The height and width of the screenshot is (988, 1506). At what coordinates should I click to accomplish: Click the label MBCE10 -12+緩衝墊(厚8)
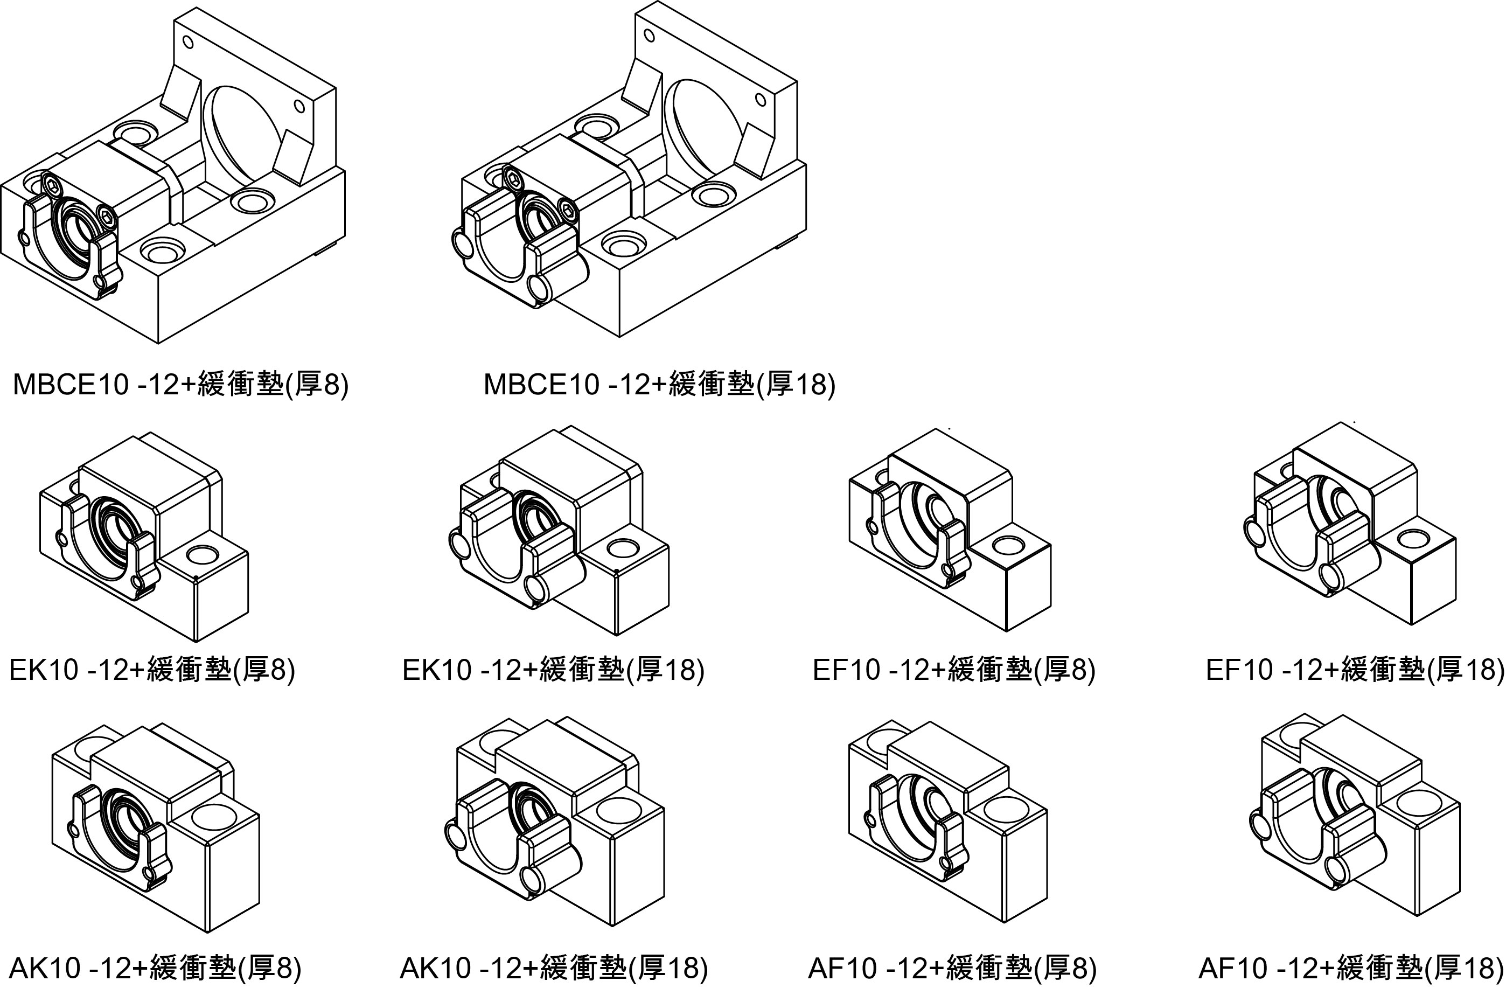pyautogui.click(x=180, y=384)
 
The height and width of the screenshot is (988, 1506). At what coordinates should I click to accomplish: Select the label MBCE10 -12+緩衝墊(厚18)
pyautogui.click(x=659, y=384)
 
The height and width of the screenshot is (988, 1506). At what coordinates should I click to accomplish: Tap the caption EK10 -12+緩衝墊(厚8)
pyautogui.click(x=152, y=670)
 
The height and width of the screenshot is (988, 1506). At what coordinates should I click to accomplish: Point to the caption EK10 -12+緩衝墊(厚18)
pyautogui.click(x=553, y=670)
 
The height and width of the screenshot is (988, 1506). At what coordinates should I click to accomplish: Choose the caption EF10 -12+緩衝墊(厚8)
pyautogui.click(x=953, y=670)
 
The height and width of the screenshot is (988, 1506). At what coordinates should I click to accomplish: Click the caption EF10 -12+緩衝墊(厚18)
pyautogui.click(x=1354, y=670)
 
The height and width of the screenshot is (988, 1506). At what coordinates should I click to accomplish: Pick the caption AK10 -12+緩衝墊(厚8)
pyautogui.click(x=155, y=967)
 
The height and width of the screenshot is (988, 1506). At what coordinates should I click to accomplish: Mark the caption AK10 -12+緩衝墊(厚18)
pyautogui.click(x=554, y=967)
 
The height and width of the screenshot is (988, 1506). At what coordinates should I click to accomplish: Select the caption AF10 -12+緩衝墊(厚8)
pyautogui.click(x=952, y=967)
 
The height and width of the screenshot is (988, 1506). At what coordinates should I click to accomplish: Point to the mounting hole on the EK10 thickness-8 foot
pyautogui.click(x=202, y=555)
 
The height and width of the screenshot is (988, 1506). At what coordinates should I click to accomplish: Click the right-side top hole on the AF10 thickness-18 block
pyautogui.click(x=1418, y=803)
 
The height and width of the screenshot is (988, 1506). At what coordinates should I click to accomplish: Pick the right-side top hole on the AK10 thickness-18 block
pyautogui.click(x=616, y=810)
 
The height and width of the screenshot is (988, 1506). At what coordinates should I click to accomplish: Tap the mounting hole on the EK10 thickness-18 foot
pyautogui.click(x=622, y=547)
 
